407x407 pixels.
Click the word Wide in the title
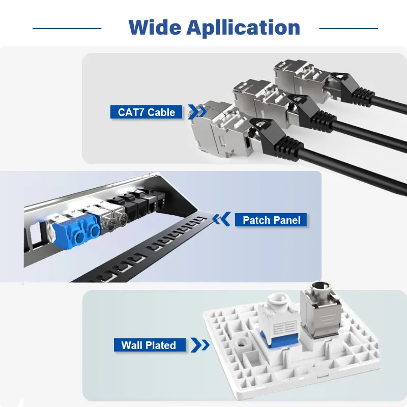(x=154, y=27)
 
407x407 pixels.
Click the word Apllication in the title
(x=243, y=28)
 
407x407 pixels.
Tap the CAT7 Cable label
(x=147, y=112)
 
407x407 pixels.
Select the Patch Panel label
(x=271, y=220)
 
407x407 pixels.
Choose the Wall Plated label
(x=149, y=345)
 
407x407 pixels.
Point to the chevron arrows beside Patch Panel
(x=221, y=220)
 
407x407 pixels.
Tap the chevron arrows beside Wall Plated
(x=200, y=345)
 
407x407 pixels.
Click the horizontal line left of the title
(x=67, y=28)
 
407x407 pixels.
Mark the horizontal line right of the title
(x=348, y=28)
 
